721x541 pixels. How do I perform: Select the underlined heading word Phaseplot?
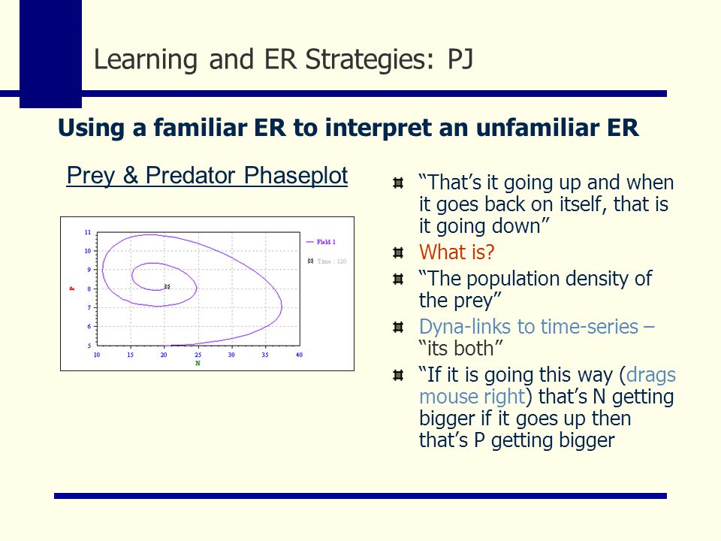[x=296, y=176]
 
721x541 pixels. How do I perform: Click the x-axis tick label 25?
[x=198, y=355]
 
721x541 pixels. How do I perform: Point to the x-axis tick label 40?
[x=299, y=355]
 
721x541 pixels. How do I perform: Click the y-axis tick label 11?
[x=87, y=232]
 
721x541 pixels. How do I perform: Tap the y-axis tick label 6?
[x=89, y=326]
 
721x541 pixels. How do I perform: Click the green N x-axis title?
[x=198, y=363]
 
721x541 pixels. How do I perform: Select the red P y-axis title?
[x=72, y=289]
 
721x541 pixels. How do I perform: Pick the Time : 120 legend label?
[x=331, y=261]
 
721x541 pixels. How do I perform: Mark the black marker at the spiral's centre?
[x=167, y=286]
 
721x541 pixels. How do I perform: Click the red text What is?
[x=457, y=252]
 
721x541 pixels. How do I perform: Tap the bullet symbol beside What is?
[x=398, y=252]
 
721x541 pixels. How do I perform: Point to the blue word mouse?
[x=445, y=397]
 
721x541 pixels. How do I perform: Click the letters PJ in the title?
[x=460, y=59]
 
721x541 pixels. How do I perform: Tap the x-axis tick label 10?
[x=97, y=355]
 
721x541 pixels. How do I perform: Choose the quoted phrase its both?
[x=461, y=348]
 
